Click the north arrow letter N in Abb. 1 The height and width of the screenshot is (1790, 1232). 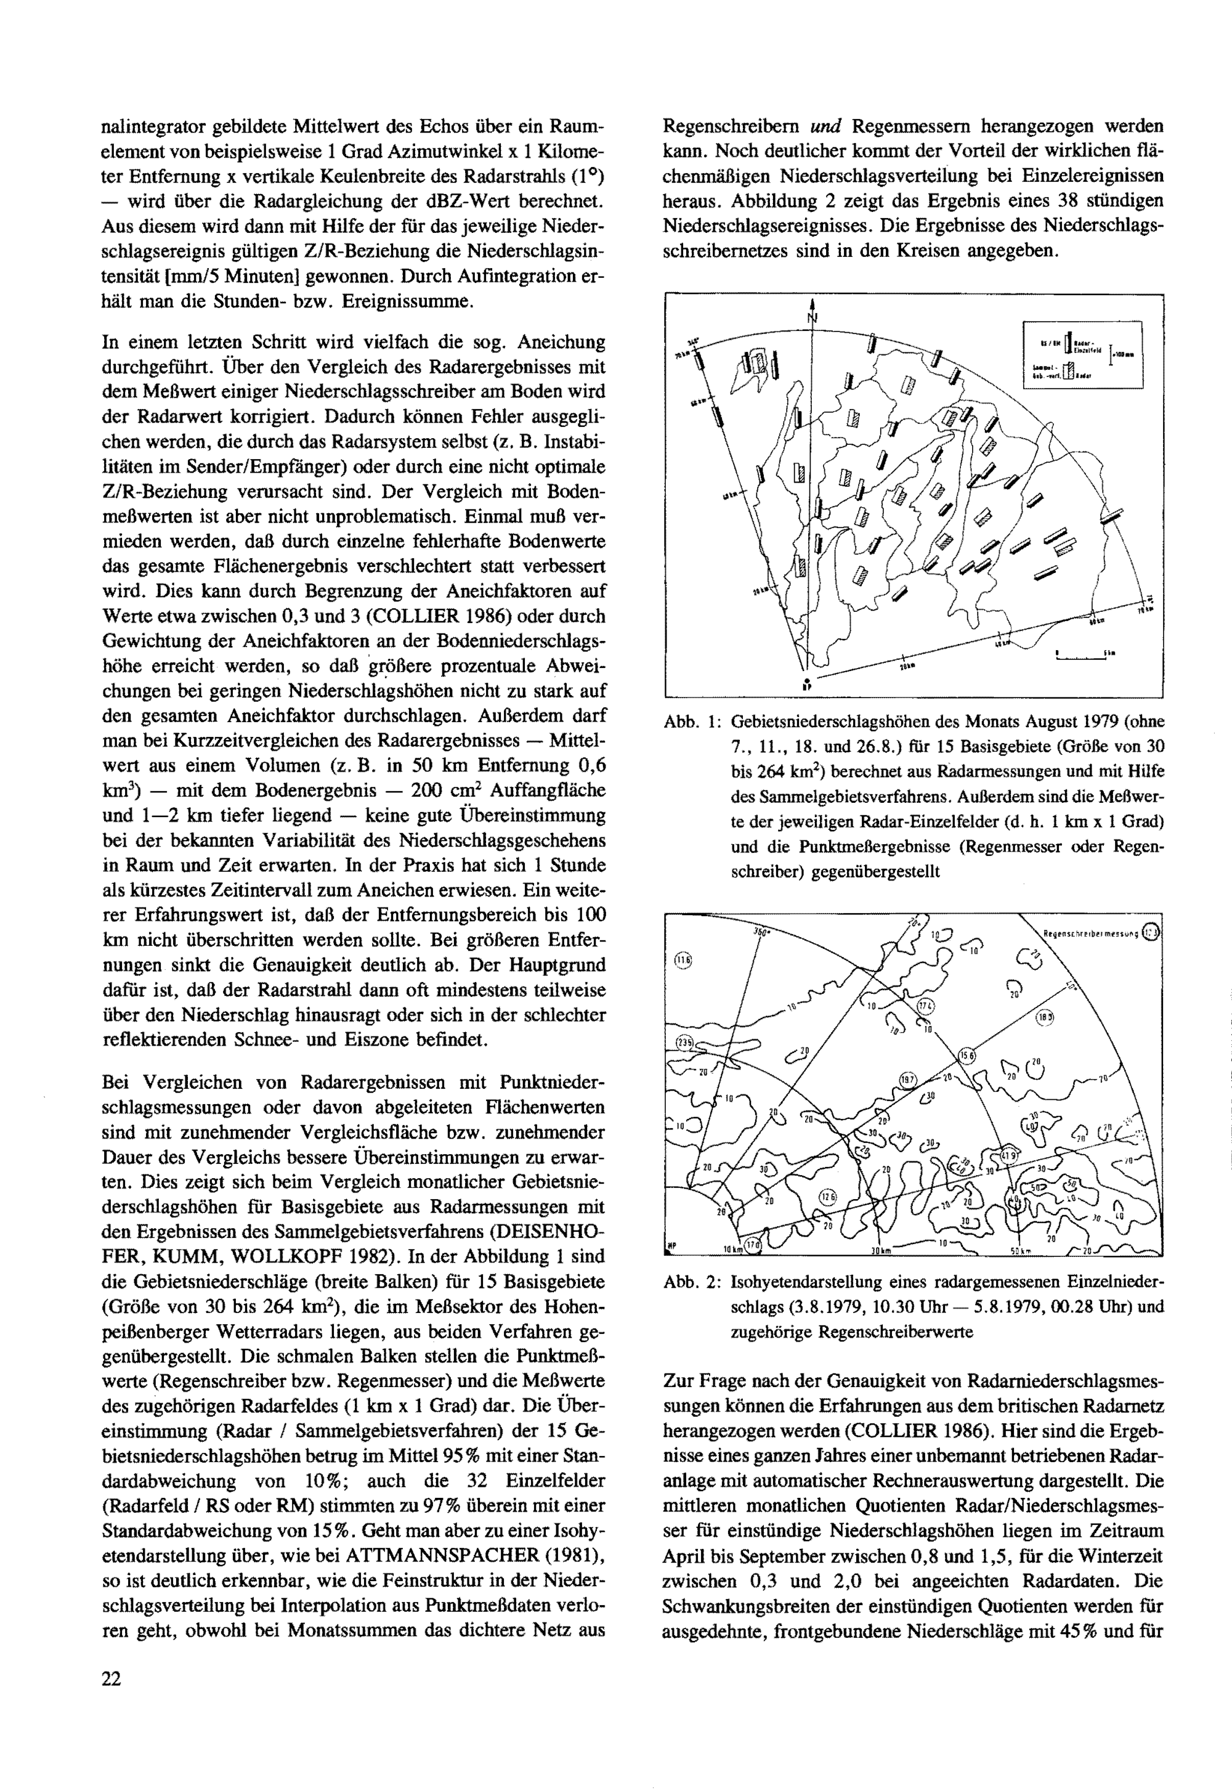(x=812, y=317)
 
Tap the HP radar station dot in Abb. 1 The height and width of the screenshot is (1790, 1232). (x=806, y=684)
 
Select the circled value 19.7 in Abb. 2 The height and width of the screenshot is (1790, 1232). (x=909, y=1079)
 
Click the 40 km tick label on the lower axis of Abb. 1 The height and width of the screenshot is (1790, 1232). (x=1002, y=643)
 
